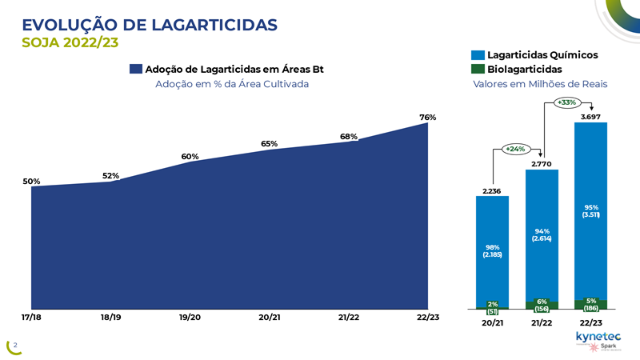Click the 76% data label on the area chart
click(428, 118)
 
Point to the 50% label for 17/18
click(31, 182)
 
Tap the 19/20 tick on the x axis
click(190, 318)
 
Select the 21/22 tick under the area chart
click(349, 318)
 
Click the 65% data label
click(269, 144)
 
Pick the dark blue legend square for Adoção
click(135, 70)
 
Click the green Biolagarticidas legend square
click(478, 70)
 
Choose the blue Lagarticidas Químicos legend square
click(478, 55)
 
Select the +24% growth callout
click(514, 149)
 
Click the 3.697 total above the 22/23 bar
click(590, 117)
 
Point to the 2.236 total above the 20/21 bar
click(493, 190)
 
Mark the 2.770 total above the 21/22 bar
click(542, 163)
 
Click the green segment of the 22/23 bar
click(590, 304)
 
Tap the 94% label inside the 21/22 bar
click(542, 231)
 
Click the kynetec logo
click(598, 336)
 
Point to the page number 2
click(14, 346)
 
